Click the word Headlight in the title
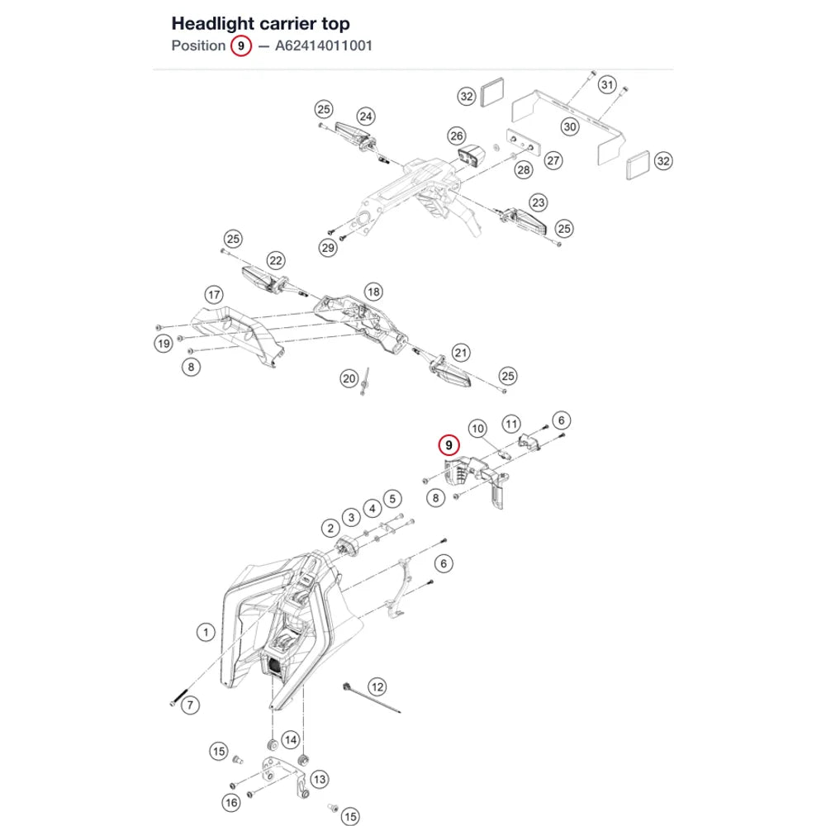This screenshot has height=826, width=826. [213, 24]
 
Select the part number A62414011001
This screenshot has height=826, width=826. [324, 45]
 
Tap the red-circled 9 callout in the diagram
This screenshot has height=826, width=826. [449, 446]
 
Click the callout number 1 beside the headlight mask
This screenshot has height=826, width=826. [206, 632]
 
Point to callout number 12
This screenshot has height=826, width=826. [377, 687]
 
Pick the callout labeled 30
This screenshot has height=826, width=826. [570, 127]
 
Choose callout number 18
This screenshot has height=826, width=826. [373, 292]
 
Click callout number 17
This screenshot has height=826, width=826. [214, 295]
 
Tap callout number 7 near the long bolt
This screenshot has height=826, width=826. [190, 705]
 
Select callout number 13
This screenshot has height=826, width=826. [320, 780]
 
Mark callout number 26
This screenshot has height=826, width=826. [457, 136]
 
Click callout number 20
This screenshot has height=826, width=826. [349, 379]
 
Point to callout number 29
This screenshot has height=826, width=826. [328, 248]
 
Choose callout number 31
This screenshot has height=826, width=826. [607, 85]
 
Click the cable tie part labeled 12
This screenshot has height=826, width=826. [372, 698]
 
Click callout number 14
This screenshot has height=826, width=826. [291, 740]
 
